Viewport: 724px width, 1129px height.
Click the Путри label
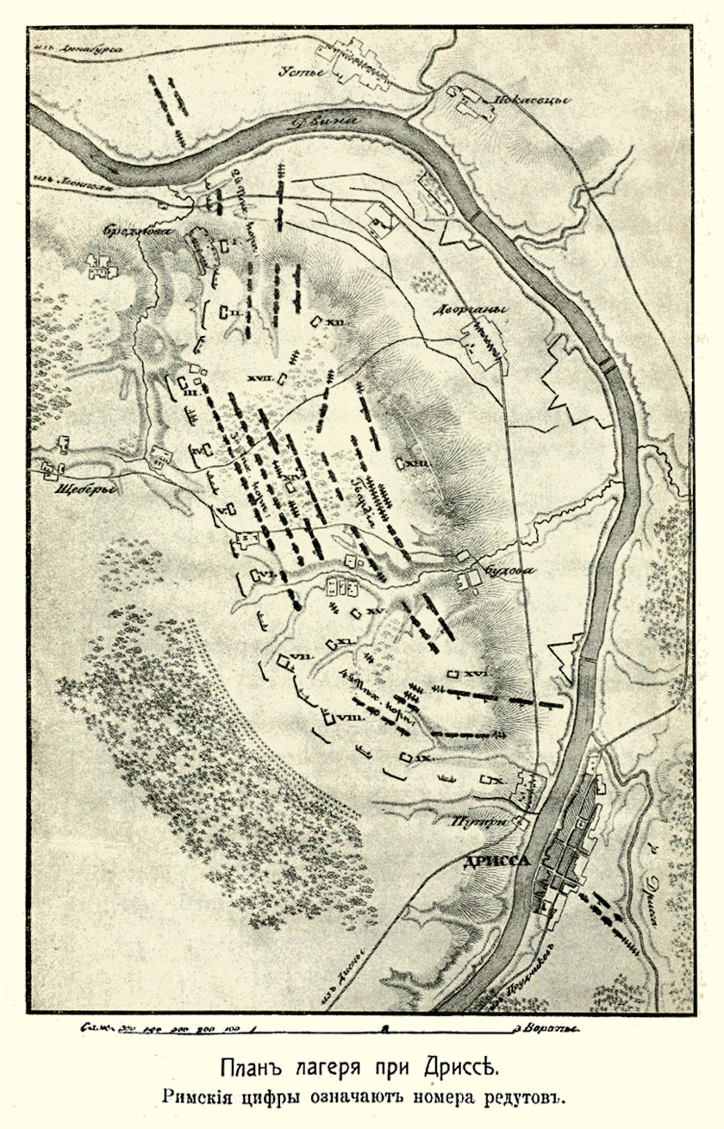pyautogui.click(x=475, y=822)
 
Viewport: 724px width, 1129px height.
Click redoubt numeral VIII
pyautogui.click(x=349, y=717)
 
